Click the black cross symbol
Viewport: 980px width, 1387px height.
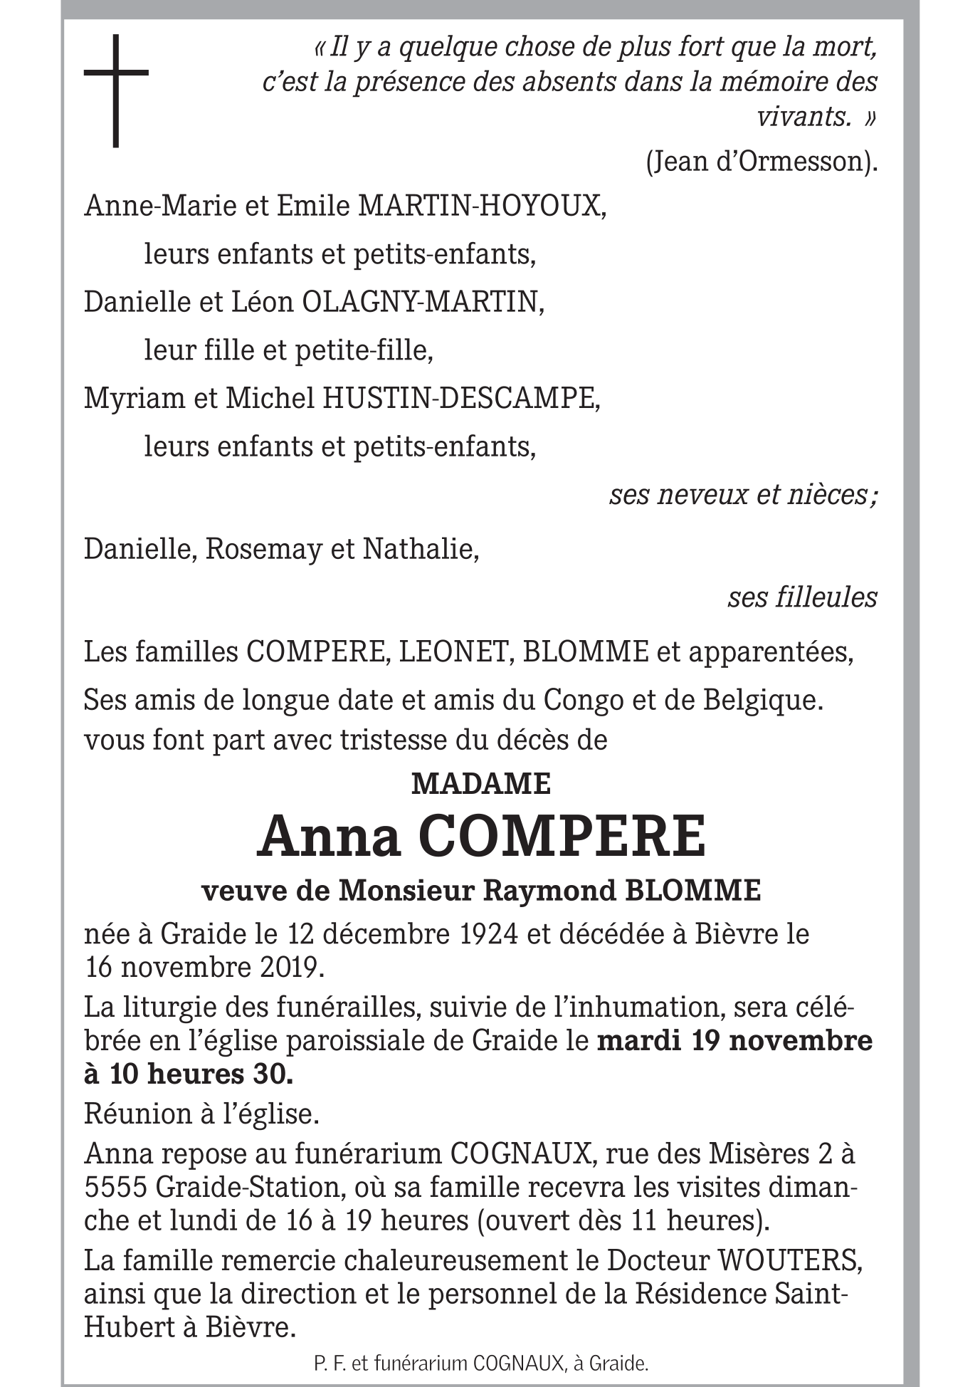tap(116, 90)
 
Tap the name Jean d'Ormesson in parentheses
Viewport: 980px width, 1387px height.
tap(761, 162)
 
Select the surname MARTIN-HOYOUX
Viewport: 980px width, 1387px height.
tap(482, 206)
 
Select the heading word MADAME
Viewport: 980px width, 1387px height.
tap(481, 784)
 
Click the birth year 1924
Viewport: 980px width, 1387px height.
tap(488, 933)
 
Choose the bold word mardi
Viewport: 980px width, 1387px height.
tap(638, 1041)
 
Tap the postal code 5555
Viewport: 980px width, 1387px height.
tap(115, 1188)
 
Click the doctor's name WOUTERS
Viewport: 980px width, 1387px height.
tap(791, 1261)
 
